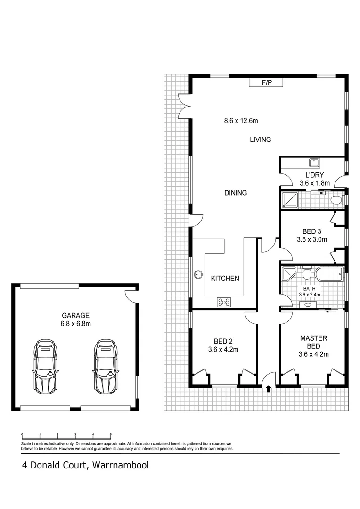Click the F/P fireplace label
coord(267,83)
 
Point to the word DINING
coord(235,193)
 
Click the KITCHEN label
coord(225,279)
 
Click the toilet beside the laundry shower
coord(336,200)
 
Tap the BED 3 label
coord(311,231)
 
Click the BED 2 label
coord(223,341)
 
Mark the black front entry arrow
coord(269,389)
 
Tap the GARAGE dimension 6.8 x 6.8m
coord(75,324)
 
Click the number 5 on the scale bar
coord(111,435)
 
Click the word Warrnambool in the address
coord(121,466)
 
